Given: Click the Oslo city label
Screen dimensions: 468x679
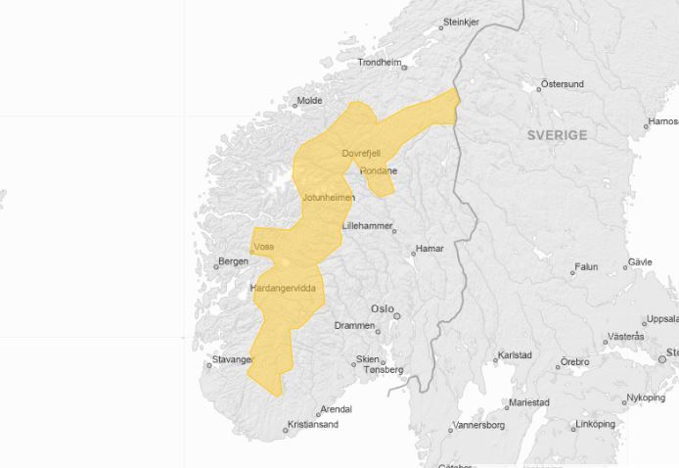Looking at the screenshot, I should (381, 309).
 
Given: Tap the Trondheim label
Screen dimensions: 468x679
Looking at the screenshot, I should (380, 62).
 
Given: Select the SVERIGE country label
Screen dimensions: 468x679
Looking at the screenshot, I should (558, 135).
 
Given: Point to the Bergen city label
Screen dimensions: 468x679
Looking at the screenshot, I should (233, 261).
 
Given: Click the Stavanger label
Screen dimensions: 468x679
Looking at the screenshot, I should (233, 359).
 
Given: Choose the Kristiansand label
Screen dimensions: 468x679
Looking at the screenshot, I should (313, 425).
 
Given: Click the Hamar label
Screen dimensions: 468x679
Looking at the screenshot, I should (430, 249).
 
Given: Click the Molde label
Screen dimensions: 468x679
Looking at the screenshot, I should (309, 100).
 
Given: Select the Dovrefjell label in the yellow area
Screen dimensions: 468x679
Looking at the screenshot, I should (360, 154).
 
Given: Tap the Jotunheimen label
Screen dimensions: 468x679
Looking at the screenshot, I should (329, 198).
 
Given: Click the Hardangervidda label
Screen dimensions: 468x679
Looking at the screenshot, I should (284, 288).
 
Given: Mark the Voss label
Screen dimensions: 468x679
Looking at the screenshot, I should (263, 247).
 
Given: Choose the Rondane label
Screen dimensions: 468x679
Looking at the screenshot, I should (379, 170).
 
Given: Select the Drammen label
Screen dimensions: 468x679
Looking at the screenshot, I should (354, 325).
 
